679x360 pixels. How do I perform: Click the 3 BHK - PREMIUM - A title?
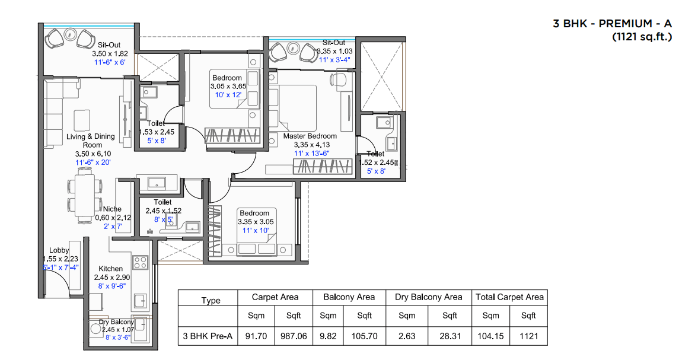pos(612,23)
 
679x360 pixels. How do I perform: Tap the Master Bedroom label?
pos(310,136)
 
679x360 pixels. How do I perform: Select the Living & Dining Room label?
pos(91,141)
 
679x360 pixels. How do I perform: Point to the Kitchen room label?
pos(110,269)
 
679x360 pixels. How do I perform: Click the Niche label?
pos(112,209)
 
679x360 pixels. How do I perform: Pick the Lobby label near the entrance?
pos(59,250)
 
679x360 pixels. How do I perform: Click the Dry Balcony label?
pos(116,322)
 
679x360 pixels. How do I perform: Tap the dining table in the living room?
pos(85,195)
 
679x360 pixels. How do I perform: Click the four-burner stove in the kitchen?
pos(141,262)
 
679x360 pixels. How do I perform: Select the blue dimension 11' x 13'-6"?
pos(312,154)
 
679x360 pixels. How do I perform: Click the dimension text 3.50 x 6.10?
pos(93,154)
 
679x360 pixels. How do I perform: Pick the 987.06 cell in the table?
pos(294,336)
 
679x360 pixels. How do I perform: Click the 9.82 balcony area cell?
pos(328,336)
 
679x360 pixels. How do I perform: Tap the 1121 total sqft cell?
pos(529,336)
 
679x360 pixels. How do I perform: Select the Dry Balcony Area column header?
pos(428,297)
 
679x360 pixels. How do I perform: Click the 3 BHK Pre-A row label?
pos(208,336)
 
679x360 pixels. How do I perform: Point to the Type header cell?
pos(211,300)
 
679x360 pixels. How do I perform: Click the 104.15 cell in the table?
pos(490,336)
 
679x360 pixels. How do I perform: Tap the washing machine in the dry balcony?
pos(95,329)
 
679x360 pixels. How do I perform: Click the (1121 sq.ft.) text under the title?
pos(642,37)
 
